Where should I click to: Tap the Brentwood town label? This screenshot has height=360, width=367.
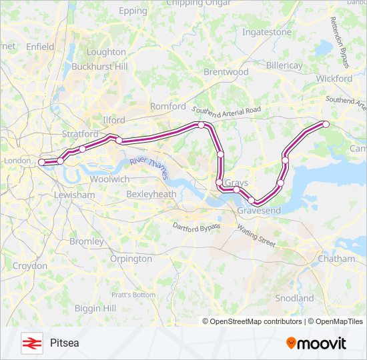tap(226, 71)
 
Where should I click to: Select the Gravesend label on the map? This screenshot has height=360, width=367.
tap(259, 210)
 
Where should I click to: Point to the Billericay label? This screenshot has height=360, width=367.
tap(284, 65)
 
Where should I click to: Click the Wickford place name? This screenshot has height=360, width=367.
tap(334, 78)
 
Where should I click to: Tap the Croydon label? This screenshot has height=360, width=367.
tap(30, 265)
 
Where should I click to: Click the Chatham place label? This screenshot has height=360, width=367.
tap(336, 258)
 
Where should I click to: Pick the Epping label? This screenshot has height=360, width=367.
tap(132, 11)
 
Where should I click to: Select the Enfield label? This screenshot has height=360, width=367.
tap(40, 47)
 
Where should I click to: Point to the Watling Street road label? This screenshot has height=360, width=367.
tap(256, 236)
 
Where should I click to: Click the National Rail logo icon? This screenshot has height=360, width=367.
tap(31, 343)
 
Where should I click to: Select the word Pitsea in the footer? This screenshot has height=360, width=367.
tap(64, 343)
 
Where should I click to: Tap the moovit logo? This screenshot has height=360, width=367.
tap(316, 343)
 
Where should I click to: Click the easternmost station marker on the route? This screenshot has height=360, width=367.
tap(326, 124)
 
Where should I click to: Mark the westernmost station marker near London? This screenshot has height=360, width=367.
tap(41, 162)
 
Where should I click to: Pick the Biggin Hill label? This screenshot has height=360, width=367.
tap(95, 308)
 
